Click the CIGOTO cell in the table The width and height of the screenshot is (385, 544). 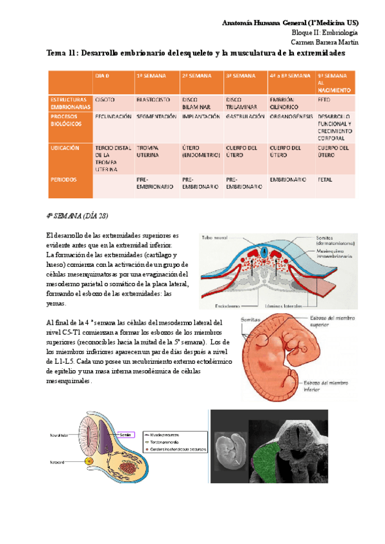point(105,101)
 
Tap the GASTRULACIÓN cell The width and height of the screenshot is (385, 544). point(245,117)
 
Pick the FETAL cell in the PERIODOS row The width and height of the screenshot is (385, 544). point(325,180)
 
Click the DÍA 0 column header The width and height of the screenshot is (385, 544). point(103,76)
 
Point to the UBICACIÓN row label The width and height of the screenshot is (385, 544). point(65,148)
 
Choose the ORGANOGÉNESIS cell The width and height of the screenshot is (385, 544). point(290,117)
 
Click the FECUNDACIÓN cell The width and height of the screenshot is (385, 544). point(113,117)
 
